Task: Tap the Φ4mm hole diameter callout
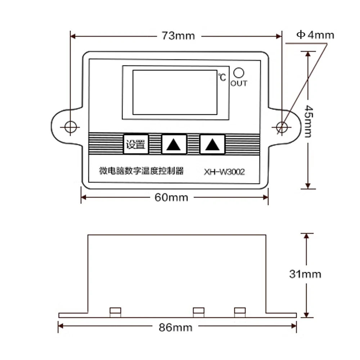click(315, 35)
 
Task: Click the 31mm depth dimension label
click(305, 274)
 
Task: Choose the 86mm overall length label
click(176, 328)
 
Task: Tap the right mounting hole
click(283, 126)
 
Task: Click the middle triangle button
click(174, 144)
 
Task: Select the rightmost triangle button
click(212, 144)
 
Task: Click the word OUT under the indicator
click(239, 84)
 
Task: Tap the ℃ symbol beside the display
click(222, 77)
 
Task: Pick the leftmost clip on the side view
click(115, 312)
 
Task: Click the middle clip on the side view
click(198, 312)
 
